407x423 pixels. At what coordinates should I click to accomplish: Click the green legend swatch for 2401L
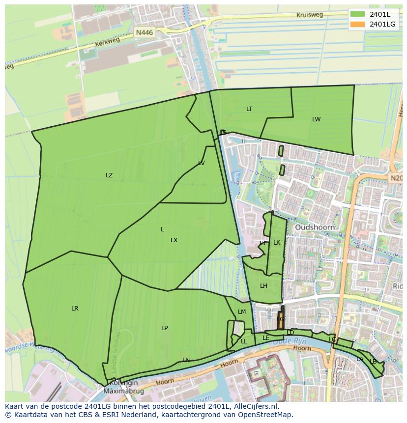tap(358, 14)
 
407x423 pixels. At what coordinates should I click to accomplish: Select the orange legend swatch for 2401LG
tap(358, 24)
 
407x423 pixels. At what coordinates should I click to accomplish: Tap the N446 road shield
tap(145, 33)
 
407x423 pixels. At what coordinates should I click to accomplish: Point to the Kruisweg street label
tap(310, 15)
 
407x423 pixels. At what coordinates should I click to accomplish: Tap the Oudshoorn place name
tap(315, 227)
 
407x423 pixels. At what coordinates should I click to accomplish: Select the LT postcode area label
tap(249, 109)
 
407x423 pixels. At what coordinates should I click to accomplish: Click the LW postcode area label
tap(316, 119)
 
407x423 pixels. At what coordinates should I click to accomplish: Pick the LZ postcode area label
tap(109, 175)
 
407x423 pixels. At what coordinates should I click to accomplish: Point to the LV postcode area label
tap(202, 163)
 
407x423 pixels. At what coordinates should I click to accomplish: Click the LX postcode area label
tap(174, 240)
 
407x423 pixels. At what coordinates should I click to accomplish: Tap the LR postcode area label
tap(75, 309)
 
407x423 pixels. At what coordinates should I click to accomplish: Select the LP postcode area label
tap(165, 328)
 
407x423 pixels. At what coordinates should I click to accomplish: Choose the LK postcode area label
tap(277, 243)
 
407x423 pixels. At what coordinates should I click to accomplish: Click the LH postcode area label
tap(263, 286)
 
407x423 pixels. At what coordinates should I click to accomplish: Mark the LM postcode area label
tap(242, 312)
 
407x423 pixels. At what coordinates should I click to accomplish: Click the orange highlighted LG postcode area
tap(281, 319)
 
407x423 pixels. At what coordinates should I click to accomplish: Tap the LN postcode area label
tap(186, 360)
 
